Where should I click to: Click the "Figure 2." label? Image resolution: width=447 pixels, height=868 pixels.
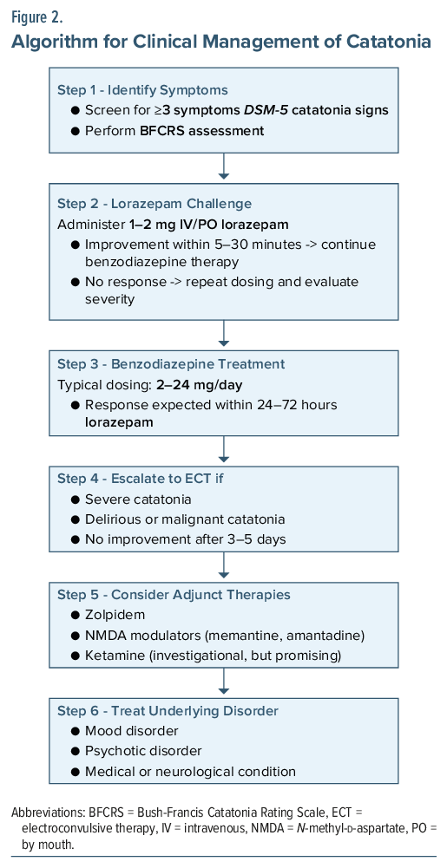[x=37, y=17]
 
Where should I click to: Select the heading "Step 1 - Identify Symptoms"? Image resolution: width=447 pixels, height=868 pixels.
[x=143, y=89]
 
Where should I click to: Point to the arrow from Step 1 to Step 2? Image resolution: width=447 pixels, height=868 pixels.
[x=224, y=166]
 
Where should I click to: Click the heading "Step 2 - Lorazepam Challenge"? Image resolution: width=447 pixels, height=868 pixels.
[x=154, y=204]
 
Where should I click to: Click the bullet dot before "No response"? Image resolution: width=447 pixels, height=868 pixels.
[x=76, y=283]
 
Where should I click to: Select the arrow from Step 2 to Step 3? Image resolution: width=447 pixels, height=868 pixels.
[x=224, y=333]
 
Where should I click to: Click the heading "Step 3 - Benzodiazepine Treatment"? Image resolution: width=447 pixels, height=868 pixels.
[x=171, y=364]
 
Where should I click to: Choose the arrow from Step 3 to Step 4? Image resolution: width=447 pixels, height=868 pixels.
[x=224, y=449]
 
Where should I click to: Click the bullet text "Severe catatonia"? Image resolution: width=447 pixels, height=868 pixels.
[x=138, y=499]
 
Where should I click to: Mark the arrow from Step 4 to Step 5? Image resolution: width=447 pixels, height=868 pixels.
[x=224, y=565]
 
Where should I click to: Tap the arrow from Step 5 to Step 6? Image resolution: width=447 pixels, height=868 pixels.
[x=224, y=681]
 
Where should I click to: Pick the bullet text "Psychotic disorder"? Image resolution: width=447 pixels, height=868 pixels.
[x=143, y=751]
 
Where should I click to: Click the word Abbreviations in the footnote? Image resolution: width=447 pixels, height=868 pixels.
[x=47, y=813]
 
